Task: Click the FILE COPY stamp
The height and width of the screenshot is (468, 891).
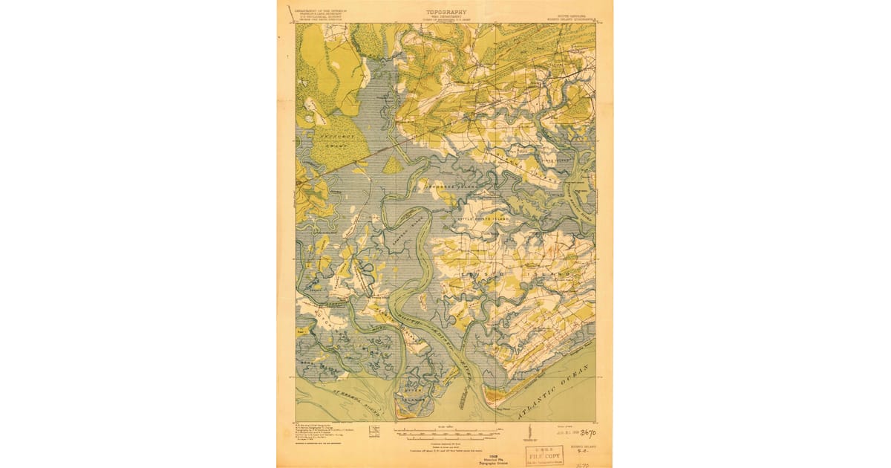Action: (x=545, y=454)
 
